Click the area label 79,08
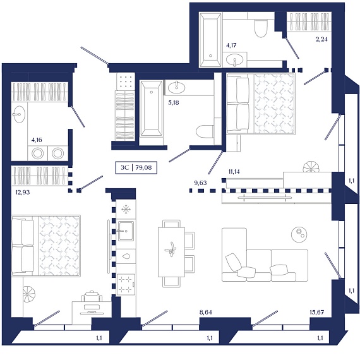click(143, 167)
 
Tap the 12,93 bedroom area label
click(23, 192)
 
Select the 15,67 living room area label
click(316, 312)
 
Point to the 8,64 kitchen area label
click(206, 312)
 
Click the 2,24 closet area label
click(321, 39)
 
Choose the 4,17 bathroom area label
click(231, 45)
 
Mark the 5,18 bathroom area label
click(173, 102)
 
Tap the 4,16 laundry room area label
click(37, 140)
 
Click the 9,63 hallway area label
click(200, 183)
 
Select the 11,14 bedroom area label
click(234, 172)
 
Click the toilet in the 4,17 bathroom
click(261, 28)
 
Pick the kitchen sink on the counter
click(126, 231)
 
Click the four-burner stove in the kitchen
click(126, 284)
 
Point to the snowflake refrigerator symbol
click(126, 210)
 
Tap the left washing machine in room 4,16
click(38, 153)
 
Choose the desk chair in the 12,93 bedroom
click(92, 297)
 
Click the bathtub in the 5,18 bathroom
click(151, 109)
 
